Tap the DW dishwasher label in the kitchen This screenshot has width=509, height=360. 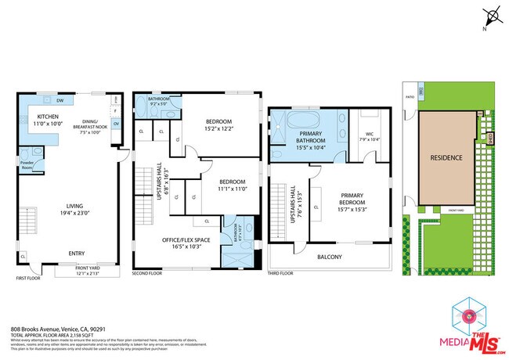(60, 101)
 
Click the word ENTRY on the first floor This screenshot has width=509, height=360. (77, 254)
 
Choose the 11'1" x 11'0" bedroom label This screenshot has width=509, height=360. (233, 185)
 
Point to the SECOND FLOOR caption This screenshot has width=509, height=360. (146, 273)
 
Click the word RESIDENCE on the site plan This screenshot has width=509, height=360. (446, 157)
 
